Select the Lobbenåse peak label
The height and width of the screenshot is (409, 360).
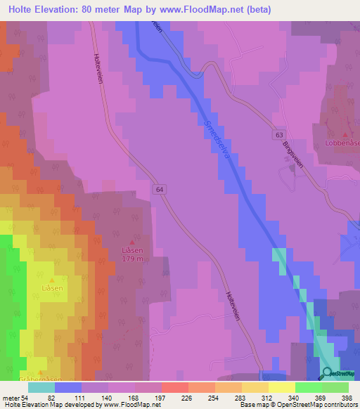click(x=342, y=143)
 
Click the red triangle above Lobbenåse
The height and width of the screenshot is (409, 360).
click(x=344, y=134)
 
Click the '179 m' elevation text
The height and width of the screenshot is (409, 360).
click(x=133, y=259)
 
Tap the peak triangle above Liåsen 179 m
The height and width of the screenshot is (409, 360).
click(x=132, y=242)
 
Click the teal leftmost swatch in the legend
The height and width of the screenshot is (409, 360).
click(x=41, y=387)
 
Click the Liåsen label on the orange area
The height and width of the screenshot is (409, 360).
click(x=52, y=288)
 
